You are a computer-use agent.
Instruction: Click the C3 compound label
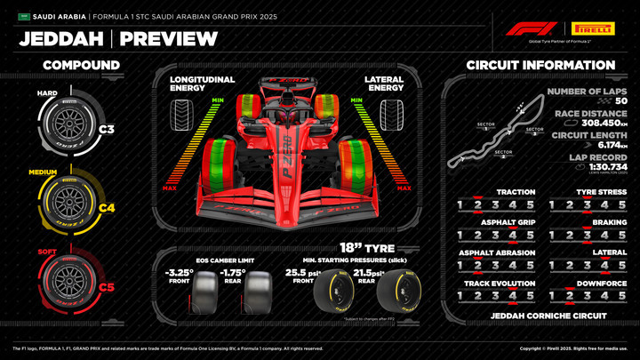pos(107,130)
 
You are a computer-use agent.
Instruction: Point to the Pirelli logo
pos(593,29)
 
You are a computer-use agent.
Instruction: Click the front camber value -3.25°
pos(180,273)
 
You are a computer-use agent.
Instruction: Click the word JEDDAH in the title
pos(59,39)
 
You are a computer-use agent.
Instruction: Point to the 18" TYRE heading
pos(365,247)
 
